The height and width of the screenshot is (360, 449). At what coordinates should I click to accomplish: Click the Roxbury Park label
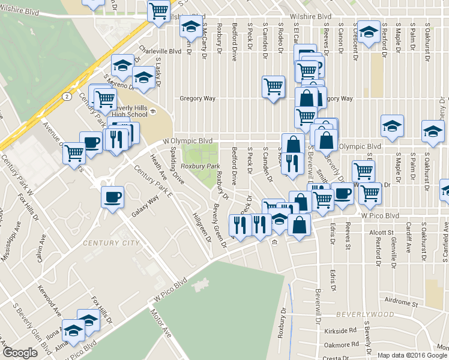(200, 166)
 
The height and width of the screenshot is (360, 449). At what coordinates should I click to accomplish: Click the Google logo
(20, 353)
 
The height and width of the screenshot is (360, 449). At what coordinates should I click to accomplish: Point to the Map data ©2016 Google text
(412, 355)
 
